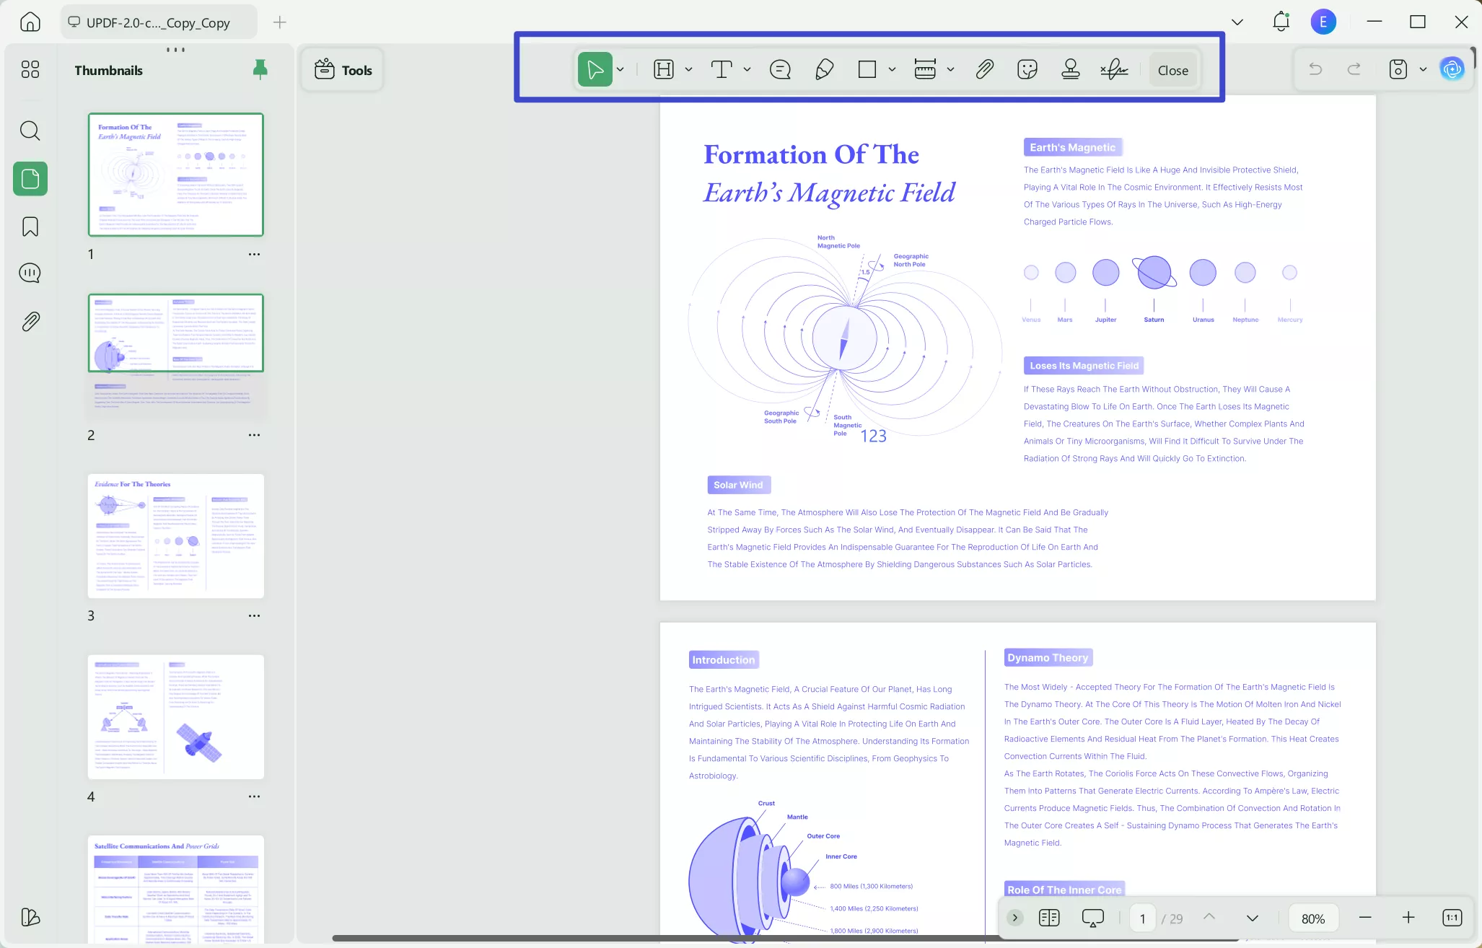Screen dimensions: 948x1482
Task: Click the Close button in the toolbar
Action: pyautogui.click(x=1172, y=70)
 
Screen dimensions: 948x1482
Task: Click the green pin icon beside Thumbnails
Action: pyautogui.click(x=260, y=69)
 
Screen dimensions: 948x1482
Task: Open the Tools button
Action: pyautogui.click(x=343, y=70)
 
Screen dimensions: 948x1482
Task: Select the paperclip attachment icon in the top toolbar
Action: pyautogui.click(x=984, y=69)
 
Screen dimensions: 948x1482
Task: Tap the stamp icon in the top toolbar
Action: pyautogui.click(x=1070, y=69)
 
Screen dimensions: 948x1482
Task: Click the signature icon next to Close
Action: pyautogui.click(x=1114, y=69)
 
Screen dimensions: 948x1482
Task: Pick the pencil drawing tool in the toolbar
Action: pyautogui.click(x=824, y=69)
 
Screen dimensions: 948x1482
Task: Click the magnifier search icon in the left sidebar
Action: pyautogui.click(x=30, y=131)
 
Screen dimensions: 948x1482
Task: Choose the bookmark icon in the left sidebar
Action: pyautogui.click(x=30, y=227)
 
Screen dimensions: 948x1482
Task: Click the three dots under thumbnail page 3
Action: pyautogui.click(x=254, y=615)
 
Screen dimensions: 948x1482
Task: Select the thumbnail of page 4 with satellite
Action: pyautogui.click(x=175, y=716)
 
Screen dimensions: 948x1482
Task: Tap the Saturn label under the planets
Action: pyautogui.click(x=1154, y=320)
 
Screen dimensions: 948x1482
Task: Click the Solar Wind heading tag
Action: pyautogui.click(x=738, y=485)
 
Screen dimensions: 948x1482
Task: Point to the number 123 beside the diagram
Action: pyautogui.click(x=873, y=436)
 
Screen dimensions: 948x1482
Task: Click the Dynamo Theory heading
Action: pyautogui.click(x=1048, y=657)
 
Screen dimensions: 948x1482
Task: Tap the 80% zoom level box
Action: pyautogui.click(x=1312, y=918)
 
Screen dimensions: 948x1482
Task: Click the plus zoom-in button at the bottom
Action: pyautogui.click(x=1408, y=918)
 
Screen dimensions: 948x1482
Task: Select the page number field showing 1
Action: pyautogui.click(x=1142, y=918)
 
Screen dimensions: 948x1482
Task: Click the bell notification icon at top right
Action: pyautogui.click(x=1281, y=22)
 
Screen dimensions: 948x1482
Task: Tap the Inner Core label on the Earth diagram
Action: pyautogui.click(x=841, y=856)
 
